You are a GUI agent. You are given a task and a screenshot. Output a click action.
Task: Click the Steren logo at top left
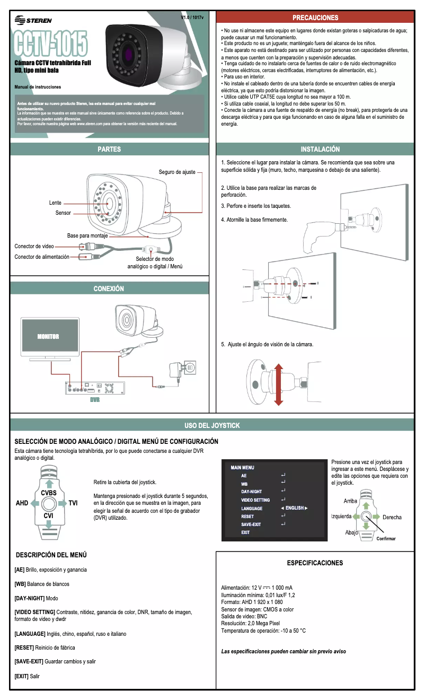34,20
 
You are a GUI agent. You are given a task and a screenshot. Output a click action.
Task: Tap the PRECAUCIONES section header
315,18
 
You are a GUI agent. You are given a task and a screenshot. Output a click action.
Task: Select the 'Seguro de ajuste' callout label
177,172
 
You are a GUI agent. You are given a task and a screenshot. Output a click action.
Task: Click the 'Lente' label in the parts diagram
55,203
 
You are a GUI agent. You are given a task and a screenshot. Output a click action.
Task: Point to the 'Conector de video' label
34,246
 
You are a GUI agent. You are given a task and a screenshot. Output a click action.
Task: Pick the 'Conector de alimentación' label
42,257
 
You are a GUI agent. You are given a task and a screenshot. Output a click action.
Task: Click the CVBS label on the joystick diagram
49,493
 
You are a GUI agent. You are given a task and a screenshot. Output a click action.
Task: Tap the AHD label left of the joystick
22,503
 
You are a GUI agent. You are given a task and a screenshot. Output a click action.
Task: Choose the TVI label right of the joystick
73,503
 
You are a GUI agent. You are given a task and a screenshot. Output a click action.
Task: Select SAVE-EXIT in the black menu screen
251,524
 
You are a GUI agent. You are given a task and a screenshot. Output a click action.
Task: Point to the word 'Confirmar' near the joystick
386,538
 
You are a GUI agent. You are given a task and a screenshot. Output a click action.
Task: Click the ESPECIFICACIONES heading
315,563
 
